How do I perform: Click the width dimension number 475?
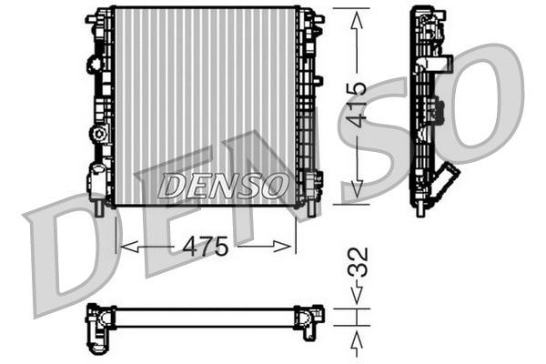click(x=207, y=246)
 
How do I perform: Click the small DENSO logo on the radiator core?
click(x=223, y=186)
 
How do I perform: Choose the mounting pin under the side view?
click(x=420, y=209)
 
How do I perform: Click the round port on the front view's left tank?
click(x=97, y=135)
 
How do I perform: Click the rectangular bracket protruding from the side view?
click(x=440, y=65)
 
